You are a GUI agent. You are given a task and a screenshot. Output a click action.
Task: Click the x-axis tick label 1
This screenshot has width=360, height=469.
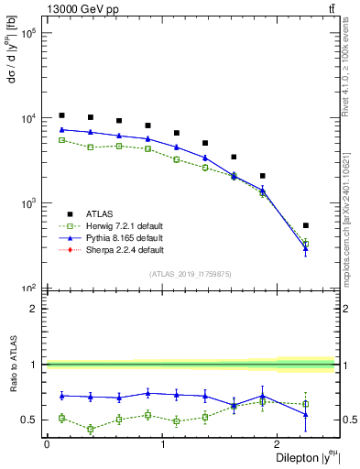click(x=162, y=444)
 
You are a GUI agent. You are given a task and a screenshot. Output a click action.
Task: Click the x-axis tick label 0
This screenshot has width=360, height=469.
click(x=47, y=444)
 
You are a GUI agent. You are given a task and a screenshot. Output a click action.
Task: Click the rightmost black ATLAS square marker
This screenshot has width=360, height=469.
click(x=306, y=225)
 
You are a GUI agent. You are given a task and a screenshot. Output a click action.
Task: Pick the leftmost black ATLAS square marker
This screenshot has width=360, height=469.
click(x=61, y=115)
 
